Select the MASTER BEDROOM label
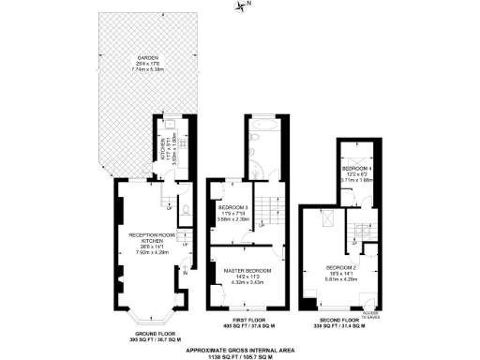coord(247,270)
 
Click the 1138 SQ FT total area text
coord(241,357)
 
